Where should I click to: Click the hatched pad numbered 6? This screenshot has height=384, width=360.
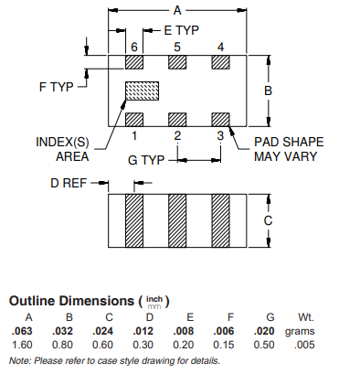click(x=134, y=62)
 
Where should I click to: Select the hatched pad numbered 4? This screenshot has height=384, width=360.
click(x=221, y=62)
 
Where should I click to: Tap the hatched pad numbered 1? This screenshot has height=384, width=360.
click(x=134, y=120)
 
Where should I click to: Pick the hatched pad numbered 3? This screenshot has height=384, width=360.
click(x=221, y=120)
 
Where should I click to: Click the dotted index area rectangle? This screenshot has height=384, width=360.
click(x=143, y=91)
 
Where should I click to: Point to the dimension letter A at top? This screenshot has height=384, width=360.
click(x=177, y=11)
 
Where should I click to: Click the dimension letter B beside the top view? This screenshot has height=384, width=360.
click(x=268, y=91)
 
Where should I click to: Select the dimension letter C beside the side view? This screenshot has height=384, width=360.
click(x=268, y=220)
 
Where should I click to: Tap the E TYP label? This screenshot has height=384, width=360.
click(x=182, y=30)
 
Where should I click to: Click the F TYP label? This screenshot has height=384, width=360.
click(x=57, y=87)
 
